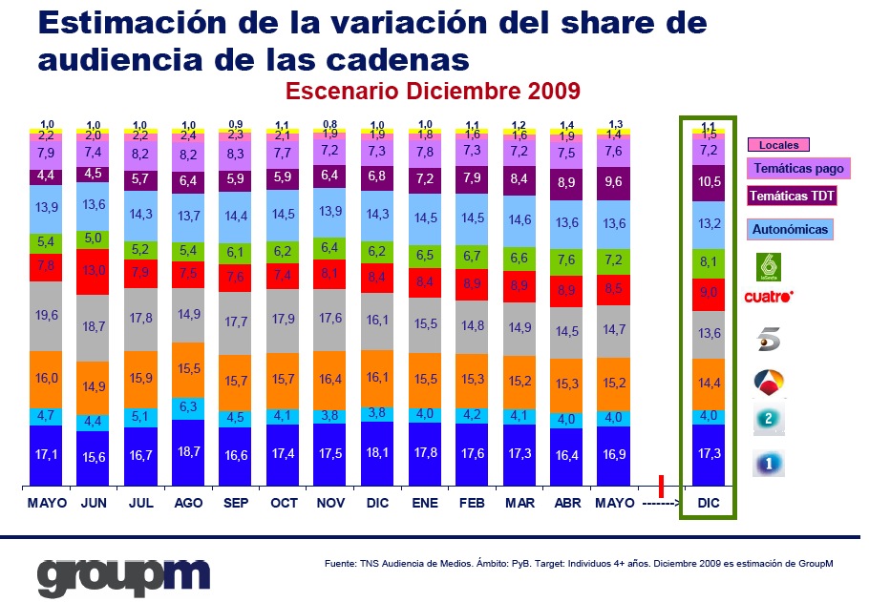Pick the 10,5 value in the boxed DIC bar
tap(710, 182)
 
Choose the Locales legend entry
tap(778, 145)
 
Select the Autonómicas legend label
tap(790, 229)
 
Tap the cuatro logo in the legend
tap(769, 297)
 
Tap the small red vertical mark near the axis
tap(661, 484)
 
